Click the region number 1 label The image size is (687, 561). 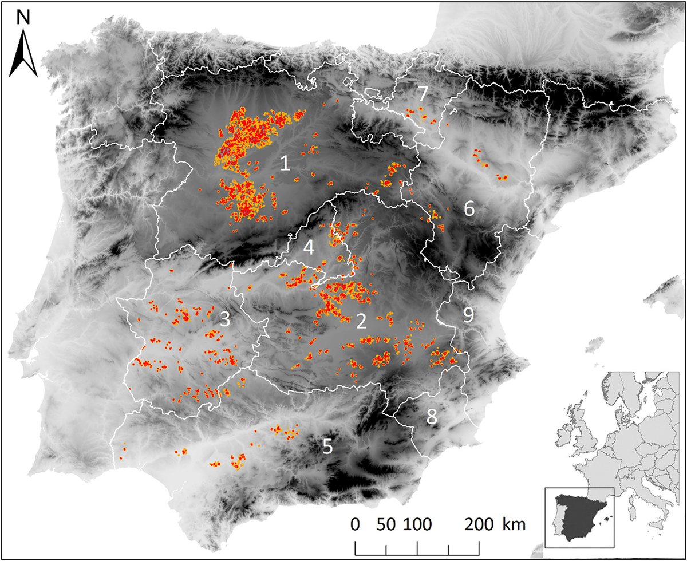(285, 164)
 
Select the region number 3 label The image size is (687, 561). (225, 320)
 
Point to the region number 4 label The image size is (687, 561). (309, 248)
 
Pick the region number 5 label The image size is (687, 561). (327, 447)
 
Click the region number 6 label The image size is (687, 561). (469, 209)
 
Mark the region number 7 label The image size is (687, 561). (423, 93)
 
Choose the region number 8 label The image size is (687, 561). (432, 417)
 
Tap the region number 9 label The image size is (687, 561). (468, 314)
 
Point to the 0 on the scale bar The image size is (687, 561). (356, 524)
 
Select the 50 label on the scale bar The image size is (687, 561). (386, 524)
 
